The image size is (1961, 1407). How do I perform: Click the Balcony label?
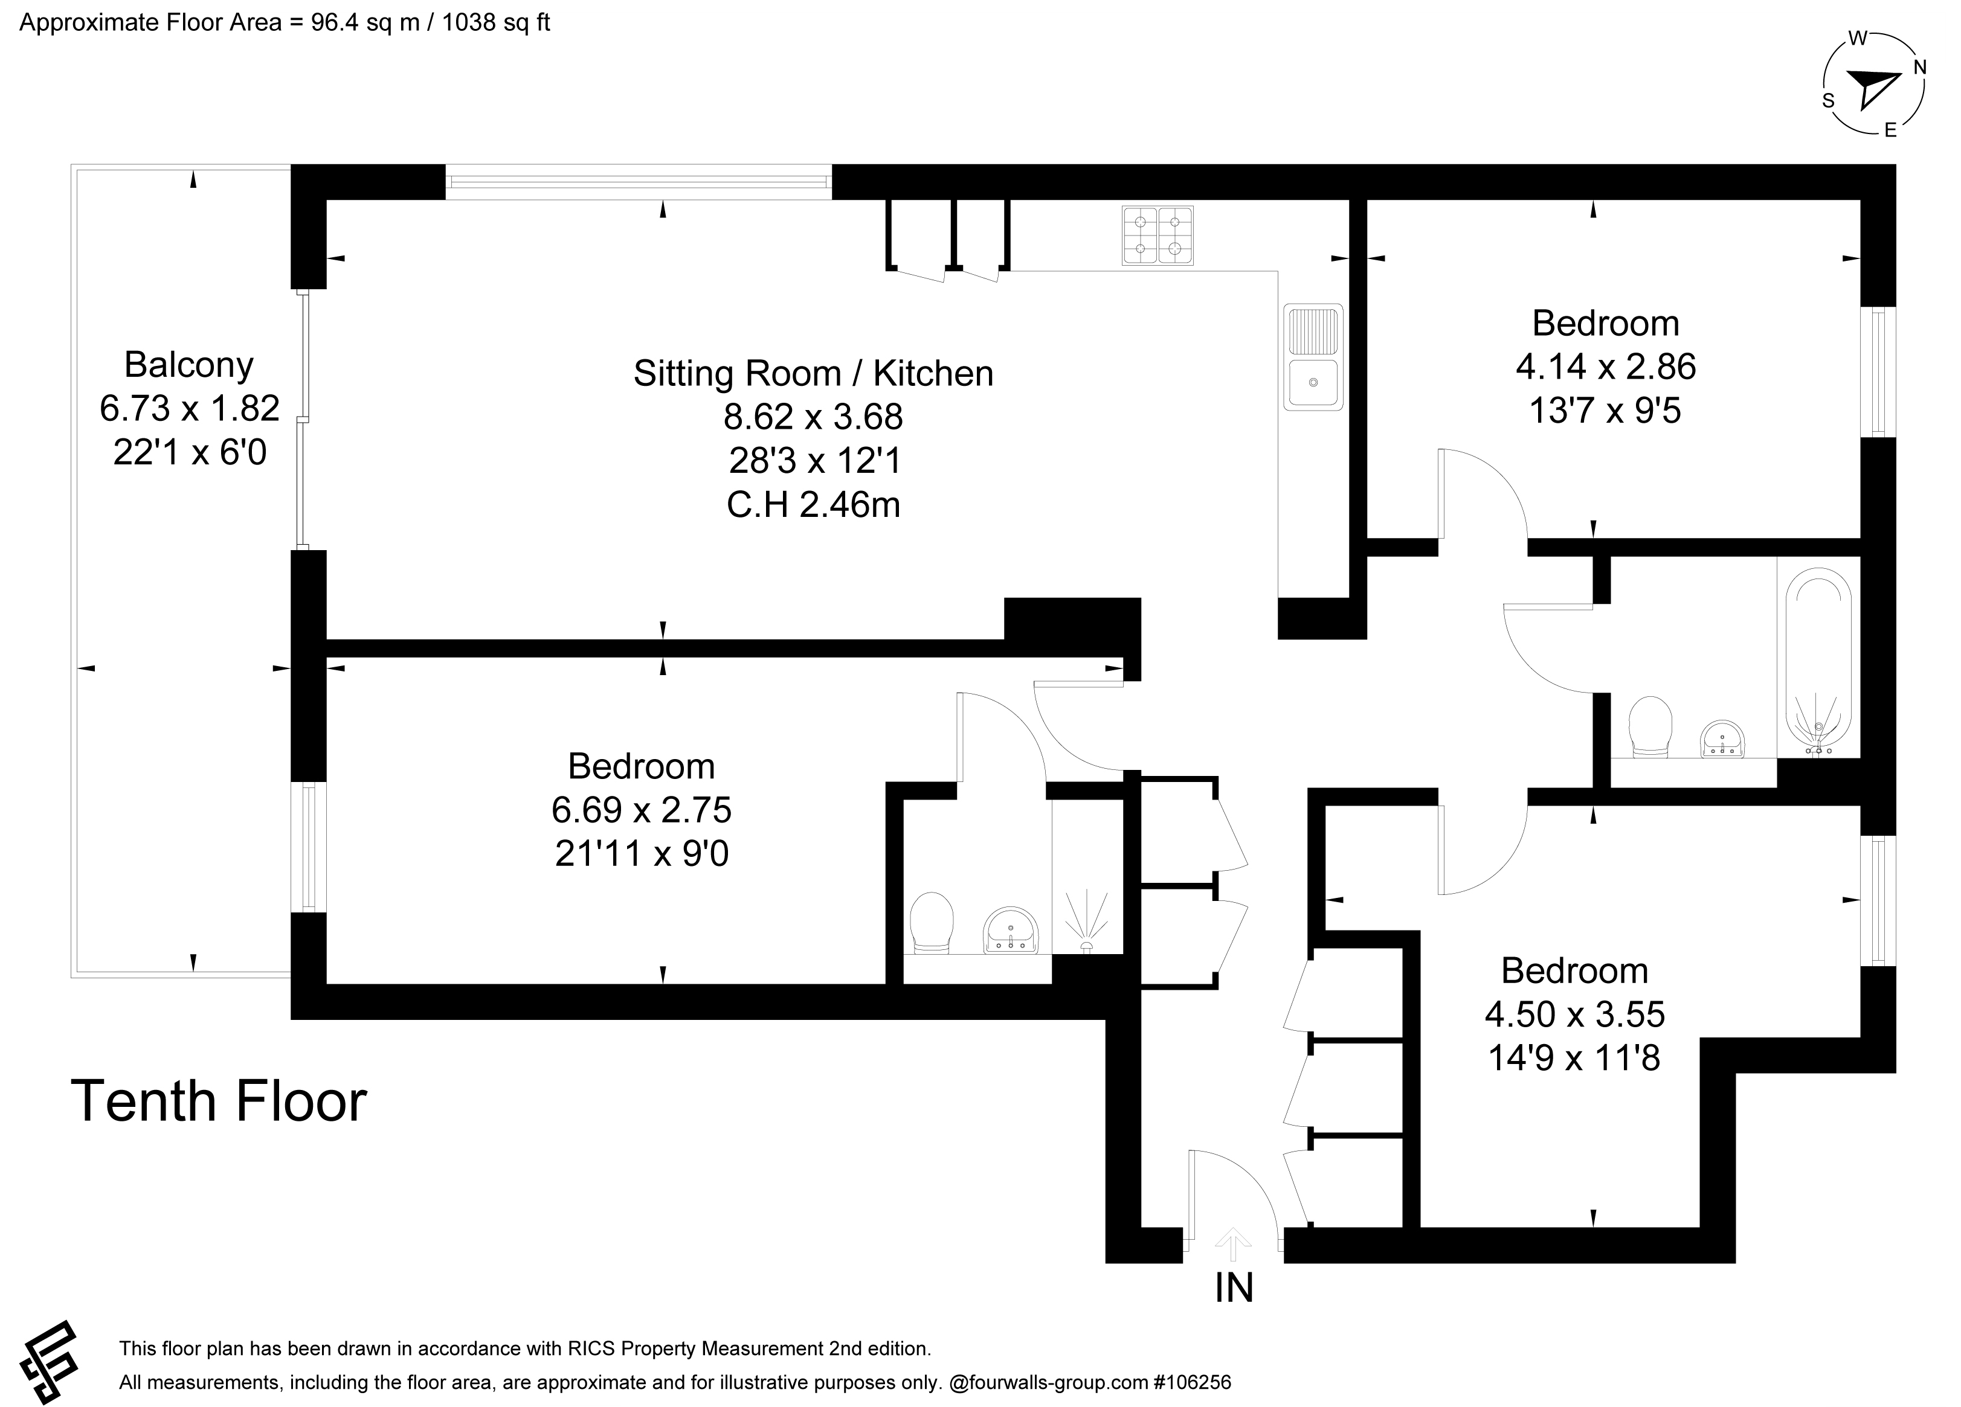tap(188, 365)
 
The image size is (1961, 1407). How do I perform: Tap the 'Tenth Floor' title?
tap(219, 1101)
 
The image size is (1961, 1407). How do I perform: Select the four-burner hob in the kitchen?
tap(1158, 235)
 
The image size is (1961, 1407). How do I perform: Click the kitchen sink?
tap(1313, 356)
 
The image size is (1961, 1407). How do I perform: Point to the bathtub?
tap(1819, 661)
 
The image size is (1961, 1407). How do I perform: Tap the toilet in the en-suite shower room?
tap(932, 923)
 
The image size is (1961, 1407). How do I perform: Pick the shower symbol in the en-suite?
tap(1087, 923)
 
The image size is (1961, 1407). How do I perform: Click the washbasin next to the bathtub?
tap(1722, 739)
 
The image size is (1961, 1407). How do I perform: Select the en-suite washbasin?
tap(1011, 931)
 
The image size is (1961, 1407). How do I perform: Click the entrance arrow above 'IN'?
tap(1233, 1245)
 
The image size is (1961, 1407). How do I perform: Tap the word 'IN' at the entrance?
tap(1234, 1287)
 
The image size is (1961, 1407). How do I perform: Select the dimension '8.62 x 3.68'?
tap(813, 417)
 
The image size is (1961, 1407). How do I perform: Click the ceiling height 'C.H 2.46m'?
tap(813, 505)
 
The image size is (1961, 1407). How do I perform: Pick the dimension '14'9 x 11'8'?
tap(1574, 1057)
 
